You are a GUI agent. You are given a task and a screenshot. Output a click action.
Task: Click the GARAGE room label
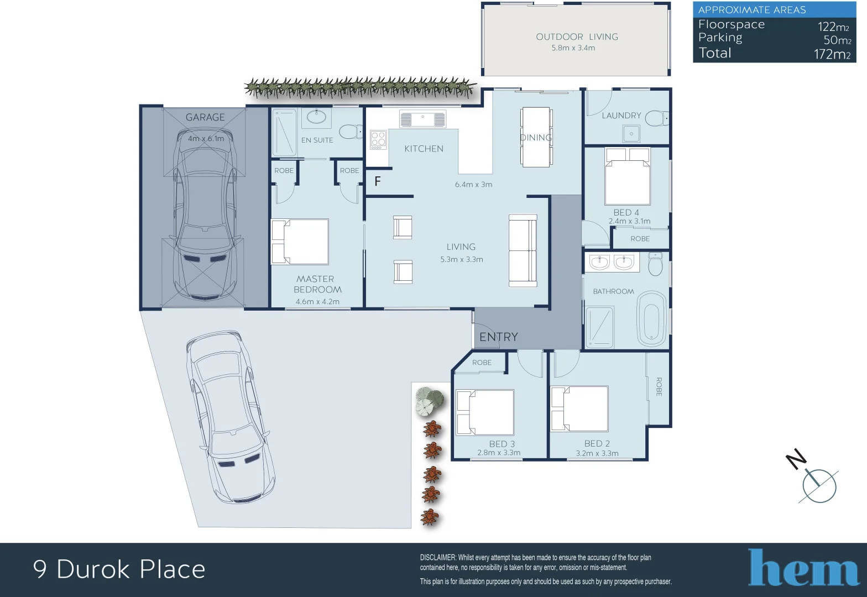pyautogui.click(x=205, y=117)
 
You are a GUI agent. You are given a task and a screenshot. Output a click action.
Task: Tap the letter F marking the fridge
pyautogui.click(x=378, y=181)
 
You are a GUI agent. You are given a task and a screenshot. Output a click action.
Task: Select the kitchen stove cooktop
pyautogui.click(x=378, y=140)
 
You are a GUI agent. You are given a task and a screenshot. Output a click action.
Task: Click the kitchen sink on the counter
pyautogui.click(x=423, y=119)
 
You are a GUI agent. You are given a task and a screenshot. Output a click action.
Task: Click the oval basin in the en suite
pyautogui.click(x=316, y=117)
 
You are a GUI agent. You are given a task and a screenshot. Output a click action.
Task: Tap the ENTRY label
pyautogui.click(x=498, y=337)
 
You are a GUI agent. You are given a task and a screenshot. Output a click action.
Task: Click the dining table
pyautogui.click(x=535, y=137)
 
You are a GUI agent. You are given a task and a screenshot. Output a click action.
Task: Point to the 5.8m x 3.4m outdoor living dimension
pyautogui.click(x=573, y=48)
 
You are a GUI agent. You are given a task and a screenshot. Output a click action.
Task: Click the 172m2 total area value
pyautogui.click(x=832, y=54)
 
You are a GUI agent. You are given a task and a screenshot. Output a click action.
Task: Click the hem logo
pyautogui.click(x=803, y=568)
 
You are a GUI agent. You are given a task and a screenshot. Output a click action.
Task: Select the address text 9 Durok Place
pyautogui.click(x=119, y=569)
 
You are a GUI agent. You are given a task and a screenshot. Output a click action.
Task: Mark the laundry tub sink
pyautogui.click(x=631, y=133)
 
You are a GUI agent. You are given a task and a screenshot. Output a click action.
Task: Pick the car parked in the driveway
pyautogui.click(x=229, y=417)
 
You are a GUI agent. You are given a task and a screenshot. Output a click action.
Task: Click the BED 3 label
pyautogui.click(x=502, y=444)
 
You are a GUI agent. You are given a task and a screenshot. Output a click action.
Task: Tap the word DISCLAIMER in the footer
pyautogui.click(x=438, y=558)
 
